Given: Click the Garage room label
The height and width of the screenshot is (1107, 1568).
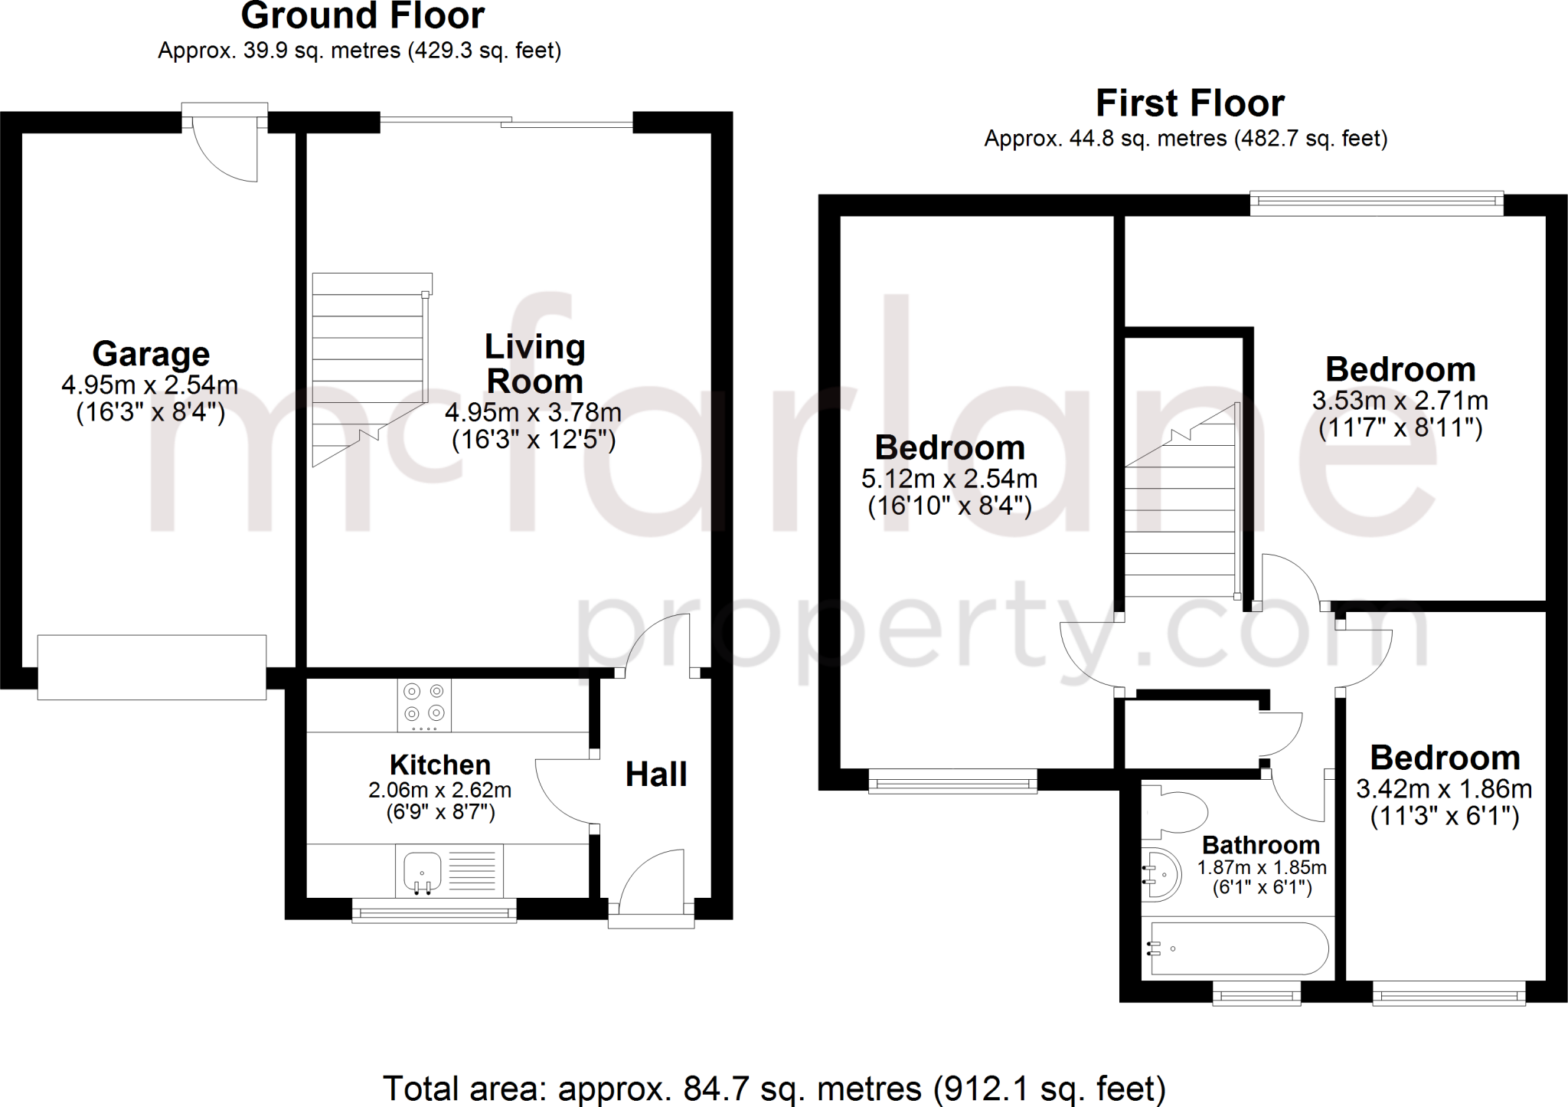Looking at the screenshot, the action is [x=151, y=354].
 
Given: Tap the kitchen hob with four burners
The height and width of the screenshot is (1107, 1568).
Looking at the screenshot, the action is [x=424, y=705].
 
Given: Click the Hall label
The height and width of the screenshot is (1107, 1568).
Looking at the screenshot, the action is [x=656, y=775].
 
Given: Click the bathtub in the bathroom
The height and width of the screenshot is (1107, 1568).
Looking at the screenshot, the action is [x=1238, y=948].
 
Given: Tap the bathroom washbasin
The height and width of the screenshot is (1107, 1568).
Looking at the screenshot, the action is [x=1163, y=874].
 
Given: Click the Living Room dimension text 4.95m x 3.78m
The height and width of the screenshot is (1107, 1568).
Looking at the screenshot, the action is [x=533, y=413].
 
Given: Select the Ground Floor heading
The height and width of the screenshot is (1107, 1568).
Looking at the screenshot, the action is [x=363, y=15].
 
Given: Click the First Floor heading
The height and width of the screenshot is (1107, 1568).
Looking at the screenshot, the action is [x=1190, y=103].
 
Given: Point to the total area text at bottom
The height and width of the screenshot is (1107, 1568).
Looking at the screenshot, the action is [x=774, y=1089].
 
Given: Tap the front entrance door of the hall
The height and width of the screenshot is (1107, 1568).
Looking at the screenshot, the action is [x=651, y=881].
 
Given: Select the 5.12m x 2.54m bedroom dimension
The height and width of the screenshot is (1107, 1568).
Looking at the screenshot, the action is [x=949, y=479].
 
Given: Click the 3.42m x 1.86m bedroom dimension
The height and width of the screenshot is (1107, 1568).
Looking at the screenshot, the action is [x=1444, y=789].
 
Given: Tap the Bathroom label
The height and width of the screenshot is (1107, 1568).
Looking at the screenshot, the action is [x=1261, y=845].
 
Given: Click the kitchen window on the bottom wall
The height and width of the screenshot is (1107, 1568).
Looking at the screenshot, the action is [x=434, y=911].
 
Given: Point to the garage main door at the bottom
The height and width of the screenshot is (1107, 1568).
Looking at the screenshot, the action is [x=152, y=667].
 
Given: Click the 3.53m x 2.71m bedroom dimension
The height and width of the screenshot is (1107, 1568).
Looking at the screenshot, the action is [x=1400, y=401].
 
